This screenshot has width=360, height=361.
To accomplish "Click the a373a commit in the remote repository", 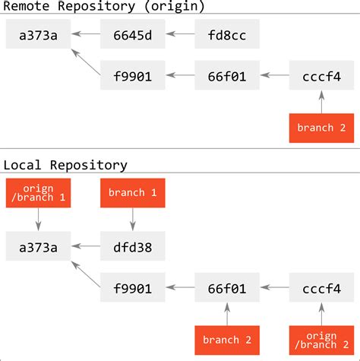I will point(38,34).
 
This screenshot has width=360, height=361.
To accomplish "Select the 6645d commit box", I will point(133,34).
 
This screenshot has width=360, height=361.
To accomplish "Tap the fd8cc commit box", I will point(227,34).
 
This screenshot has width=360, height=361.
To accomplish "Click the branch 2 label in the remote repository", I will point(321,127).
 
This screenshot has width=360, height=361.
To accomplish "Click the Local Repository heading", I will point(65,164).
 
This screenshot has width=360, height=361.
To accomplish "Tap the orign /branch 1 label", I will point(38,194).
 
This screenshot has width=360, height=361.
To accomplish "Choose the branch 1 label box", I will point(133,194).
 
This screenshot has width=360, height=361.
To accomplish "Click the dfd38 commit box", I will point(133,246).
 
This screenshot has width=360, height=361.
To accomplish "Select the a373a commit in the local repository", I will point(38,246).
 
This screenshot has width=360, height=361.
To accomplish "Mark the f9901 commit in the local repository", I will point(133,288).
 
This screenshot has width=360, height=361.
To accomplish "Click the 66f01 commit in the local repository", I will point(227,288).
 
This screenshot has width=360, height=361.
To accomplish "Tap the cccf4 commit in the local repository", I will point(321,288).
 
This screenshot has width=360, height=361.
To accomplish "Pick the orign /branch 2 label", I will point(321,340).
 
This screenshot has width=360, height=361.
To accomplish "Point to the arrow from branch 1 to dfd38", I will point(133,220).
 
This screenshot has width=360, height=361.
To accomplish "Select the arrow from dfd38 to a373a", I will point(85,246).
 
